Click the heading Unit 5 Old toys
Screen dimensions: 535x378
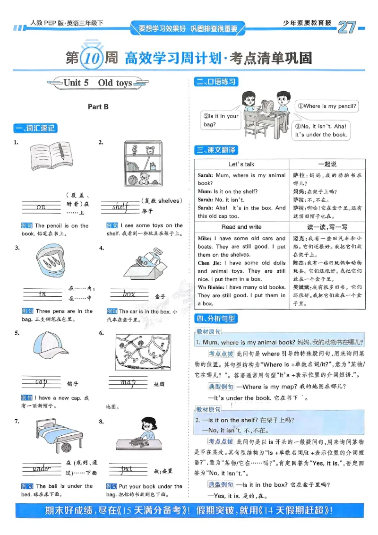click(98, 83)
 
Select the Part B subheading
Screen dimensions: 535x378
click(98, 107)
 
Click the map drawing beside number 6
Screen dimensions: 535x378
click(142, 351)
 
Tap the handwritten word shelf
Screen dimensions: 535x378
click(121, 207)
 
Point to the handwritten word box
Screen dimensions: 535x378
click(129, 294)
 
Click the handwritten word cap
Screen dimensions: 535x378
click(41, 381)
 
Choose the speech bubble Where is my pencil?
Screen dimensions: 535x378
click(327, 106)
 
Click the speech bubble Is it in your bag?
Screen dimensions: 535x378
click(221, 120)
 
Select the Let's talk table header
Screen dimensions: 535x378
click(241, 164)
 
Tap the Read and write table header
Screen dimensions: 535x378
click(241, 227)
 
